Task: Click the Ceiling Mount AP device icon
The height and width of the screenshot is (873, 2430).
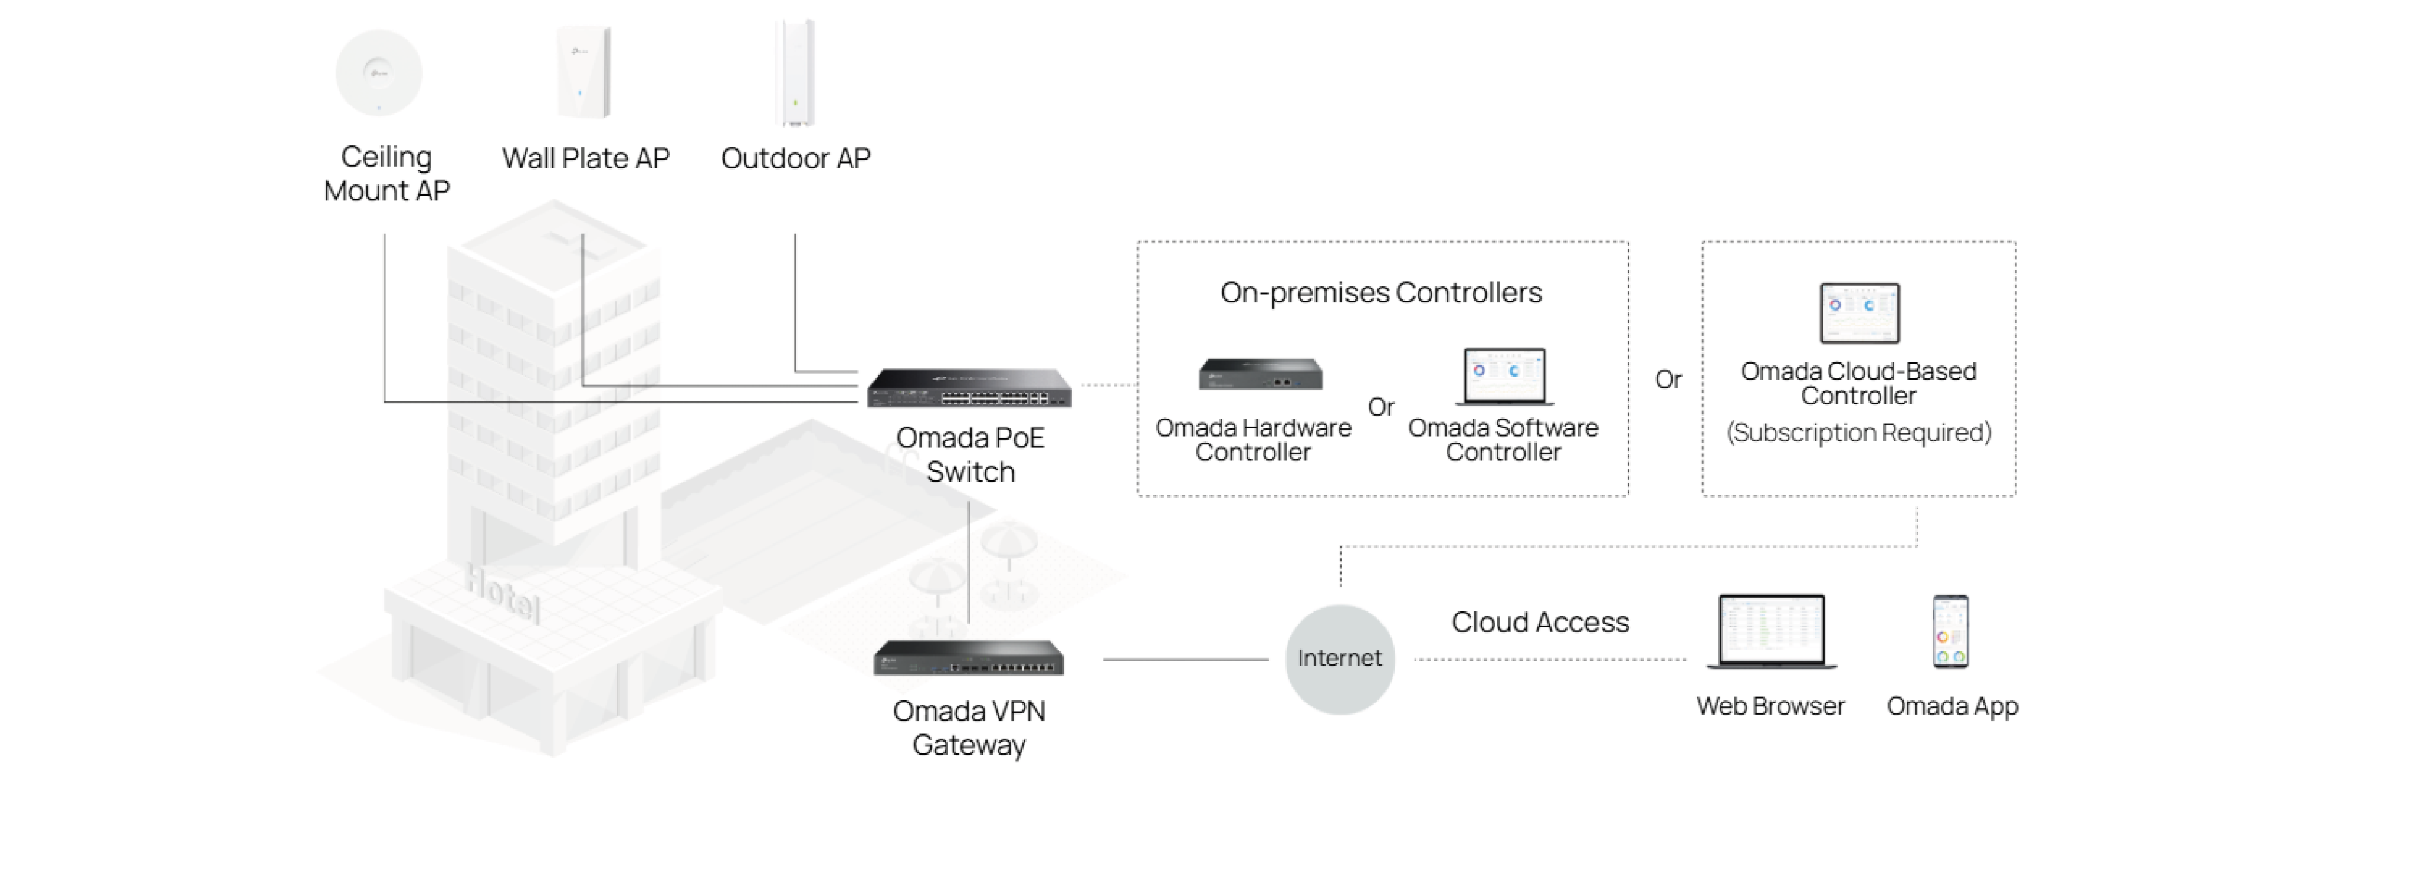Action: coord(378,73)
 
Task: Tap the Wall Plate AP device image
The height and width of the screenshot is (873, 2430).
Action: coord(584,73)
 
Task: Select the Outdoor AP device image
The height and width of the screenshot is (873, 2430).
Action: coord(795,72)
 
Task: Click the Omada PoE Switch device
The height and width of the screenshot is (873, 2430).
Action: coord(969,388)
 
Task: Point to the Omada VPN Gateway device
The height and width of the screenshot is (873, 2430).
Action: coord(969,658)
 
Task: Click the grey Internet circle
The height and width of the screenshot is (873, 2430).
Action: coord(1339,659)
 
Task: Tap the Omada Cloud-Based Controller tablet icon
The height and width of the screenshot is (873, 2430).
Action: coord(1859,313)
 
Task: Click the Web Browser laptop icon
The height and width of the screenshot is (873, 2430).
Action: coord(1770,631)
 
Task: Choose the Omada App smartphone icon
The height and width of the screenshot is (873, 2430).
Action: coord(1950,631)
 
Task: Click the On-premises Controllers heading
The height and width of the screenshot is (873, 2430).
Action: coord(1381,293)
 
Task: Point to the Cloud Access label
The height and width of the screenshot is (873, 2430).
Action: coord(1540,622)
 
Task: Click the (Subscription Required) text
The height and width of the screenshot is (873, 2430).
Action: coord(1858,432)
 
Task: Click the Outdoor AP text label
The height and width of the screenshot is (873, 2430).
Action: coord(795,158)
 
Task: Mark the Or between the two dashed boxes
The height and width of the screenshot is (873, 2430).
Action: coord(1668,379)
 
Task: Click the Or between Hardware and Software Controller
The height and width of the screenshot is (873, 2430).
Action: coord(1381,407)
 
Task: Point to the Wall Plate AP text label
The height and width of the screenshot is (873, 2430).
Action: coord(585,158)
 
